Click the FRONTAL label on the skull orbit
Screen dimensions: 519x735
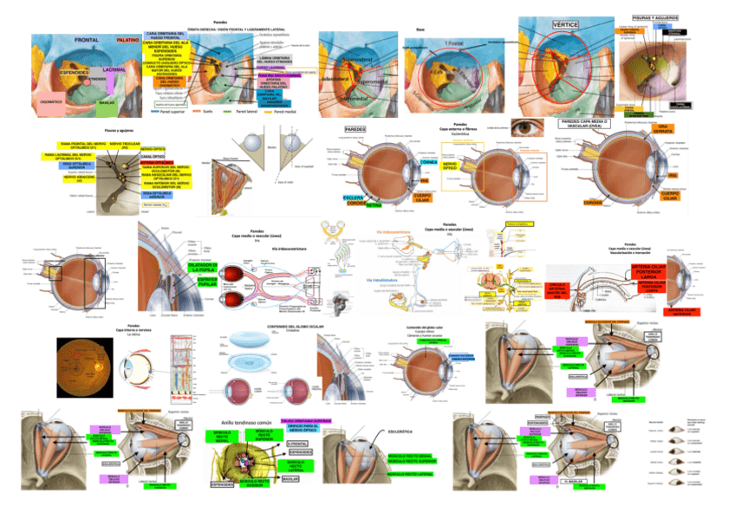pyautogui.click(x=89, y=41)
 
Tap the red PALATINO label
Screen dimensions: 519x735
pyautogui.click(x=127, y=40)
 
